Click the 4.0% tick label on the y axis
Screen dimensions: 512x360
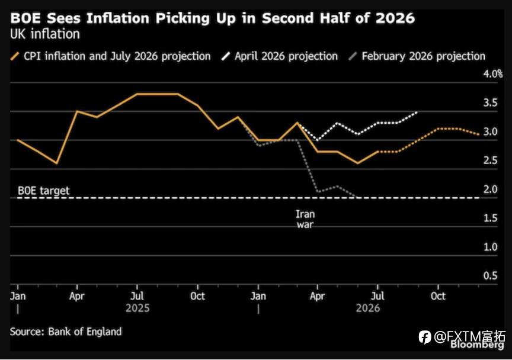492,74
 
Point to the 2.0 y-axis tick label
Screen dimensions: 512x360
491,189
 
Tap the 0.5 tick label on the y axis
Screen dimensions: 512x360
491,276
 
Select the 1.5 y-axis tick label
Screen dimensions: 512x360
491,218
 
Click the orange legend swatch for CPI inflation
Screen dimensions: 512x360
15,56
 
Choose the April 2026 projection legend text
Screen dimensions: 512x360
286,56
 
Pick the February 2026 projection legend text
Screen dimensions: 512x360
424,56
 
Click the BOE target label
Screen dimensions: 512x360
43,191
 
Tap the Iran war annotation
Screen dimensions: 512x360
305,219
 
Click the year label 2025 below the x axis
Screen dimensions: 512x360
137,308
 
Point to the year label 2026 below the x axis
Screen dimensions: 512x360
368,308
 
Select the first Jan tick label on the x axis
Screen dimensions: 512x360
18,296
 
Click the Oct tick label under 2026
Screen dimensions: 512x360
438,296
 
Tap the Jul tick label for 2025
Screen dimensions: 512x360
137,296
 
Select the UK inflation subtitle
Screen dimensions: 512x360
45,34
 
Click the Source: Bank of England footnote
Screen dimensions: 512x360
66,332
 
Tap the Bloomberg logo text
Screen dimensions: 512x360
477,345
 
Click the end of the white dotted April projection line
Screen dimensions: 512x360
418,112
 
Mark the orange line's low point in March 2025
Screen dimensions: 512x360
57,163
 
